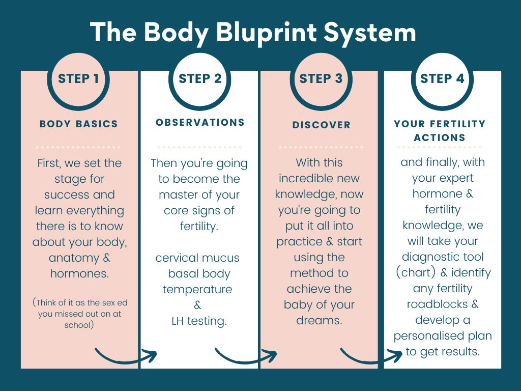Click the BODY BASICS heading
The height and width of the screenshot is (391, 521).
tap(79, 124)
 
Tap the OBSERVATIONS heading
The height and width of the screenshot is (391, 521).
tap(200, 122)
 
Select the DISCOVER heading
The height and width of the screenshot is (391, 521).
tap(322, 125)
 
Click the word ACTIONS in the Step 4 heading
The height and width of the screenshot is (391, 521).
tap(440, 137)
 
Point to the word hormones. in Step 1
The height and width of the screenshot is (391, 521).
tap(80, 273)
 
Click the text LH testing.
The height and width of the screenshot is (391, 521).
tap(199, 321)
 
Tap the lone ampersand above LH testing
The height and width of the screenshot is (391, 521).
tap(197, 305)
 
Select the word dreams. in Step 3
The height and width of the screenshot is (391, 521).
tap(319, 321)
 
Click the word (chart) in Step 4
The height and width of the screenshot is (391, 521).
tap(416, 273)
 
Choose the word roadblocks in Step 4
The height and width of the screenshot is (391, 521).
tap(438, 304)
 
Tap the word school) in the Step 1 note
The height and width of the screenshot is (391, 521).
tap(79, 325)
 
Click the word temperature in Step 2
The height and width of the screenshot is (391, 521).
tap(197, 290)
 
